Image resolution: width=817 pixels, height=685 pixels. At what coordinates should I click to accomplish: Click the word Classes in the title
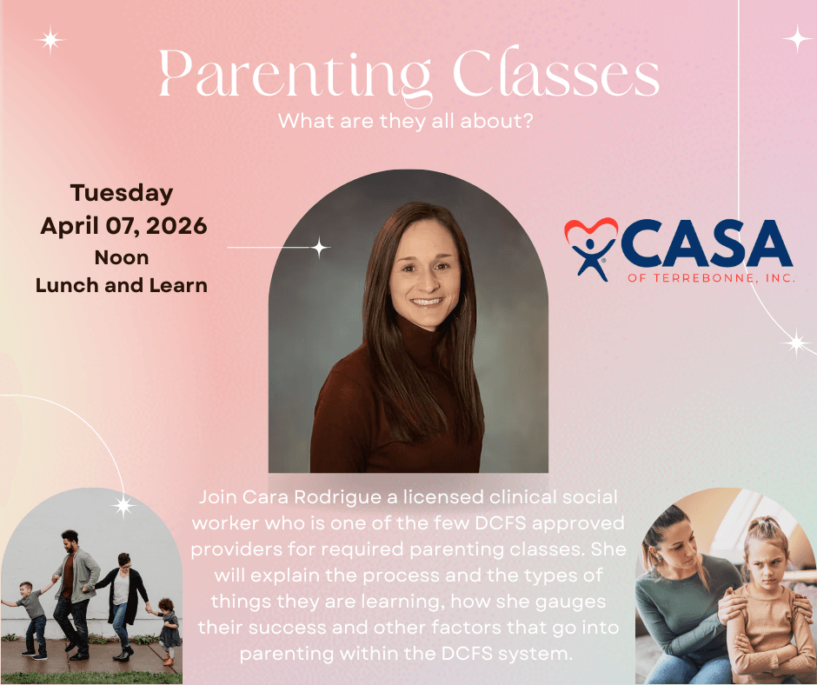pyautogui.click(x=556, y=71)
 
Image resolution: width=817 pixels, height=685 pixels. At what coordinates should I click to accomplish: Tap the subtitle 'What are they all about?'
pyautogui.click(x=405, y=121)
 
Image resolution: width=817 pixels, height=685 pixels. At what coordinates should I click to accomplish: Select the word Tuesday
pyautogui.click(x=122, y=193)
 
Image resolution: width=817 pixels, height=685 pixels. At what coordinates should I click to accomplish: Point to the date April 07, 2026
pyautogui.click(x=123, y=226)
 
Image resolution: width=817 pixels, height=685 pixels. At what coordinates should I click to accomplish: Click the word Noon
pyautogui.click(x=122, y=257)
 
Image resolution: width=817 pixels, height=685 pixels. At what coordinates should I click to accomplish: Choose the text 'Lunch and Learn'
pyautogui.click(x=122, y=285)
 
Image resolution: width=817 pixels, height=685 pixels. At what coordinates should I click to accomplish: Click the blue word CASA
pyautogui.click(x=707, y=243)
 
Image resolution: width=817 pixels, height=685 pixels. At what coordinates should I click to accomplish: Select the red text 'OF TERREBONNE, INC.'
pyautogui.click(x=712, y=278)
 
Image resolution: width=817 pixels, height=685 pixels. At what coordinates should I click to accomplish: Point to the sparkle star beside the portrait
pyautogui.click(x=319, y=247)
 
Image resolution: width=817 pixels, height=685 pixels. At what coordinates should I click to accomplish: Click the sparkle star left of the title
pyautogui.click(x=50, y=40)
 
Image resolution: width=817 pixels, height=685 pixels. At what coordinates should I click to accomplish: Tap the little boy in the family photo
pyautogui.click(x=31, y=619)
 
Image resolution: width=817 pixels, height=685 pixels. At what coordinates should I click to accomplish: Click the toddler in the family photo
pyautogui.click(x=168, y=629)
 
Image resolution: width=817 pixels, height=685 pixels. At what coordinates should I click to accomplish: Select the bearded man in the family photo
pyautogui.click(x=75, y=594)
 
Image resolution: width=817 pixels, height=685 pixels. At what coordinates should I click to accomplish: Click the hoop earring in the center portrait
pyautogui.click(x=461, y=307)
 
